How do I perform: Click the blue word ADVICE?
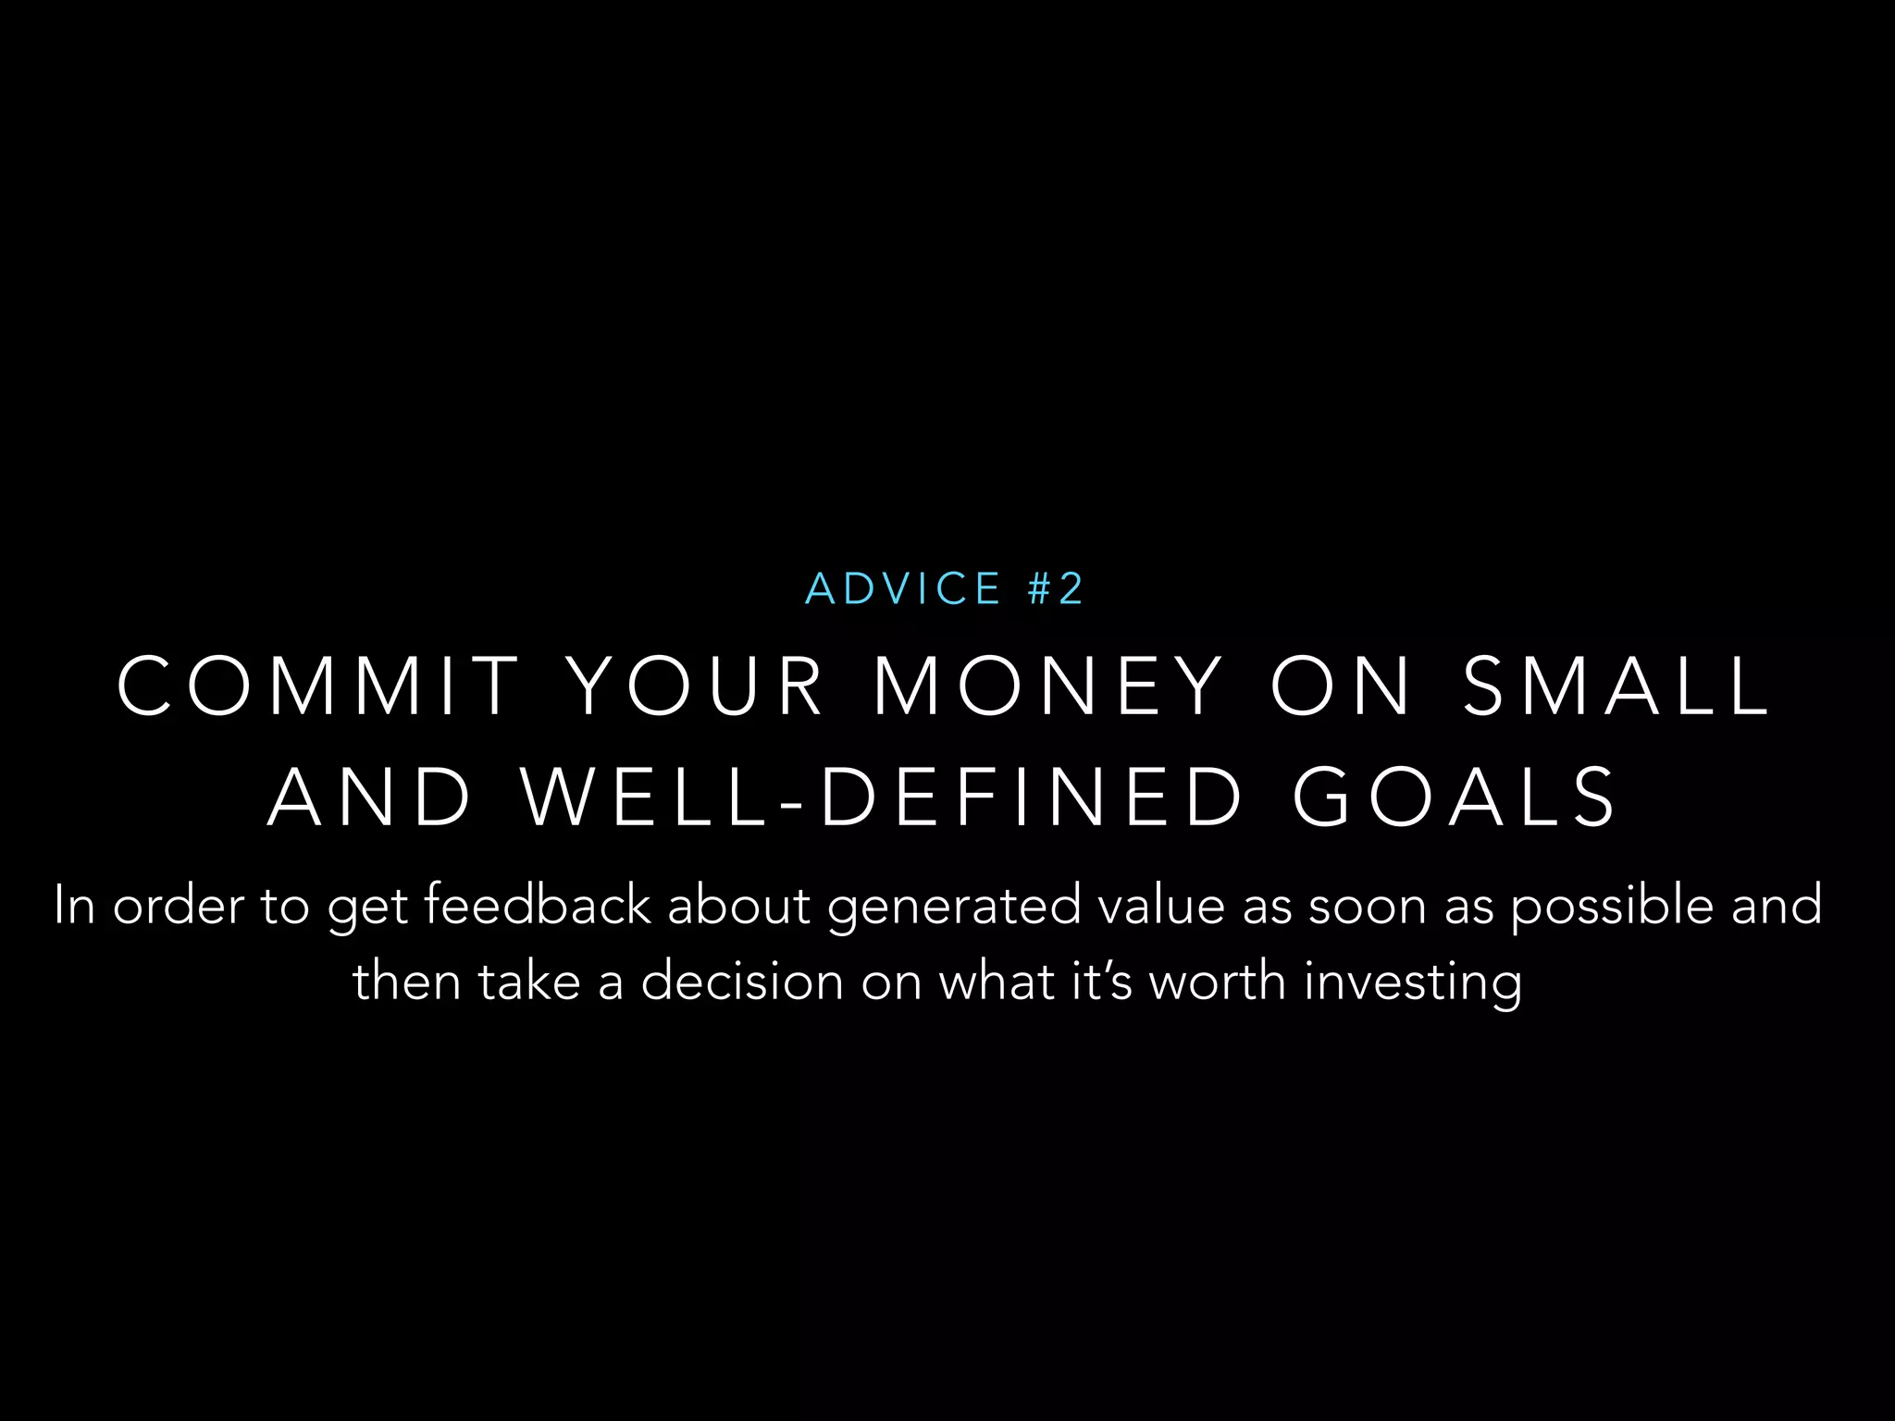pyautogui.click(x=903, y=589)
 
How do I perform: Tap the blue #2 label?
pyautogui.click(x=1055, y=589)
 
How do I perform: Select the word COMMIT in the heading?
pyautogui.click(x=318, y=686)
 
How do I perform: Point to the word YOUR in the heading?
pyautogui.click(x=696, y=686)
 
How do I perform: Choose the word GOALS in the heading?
pyautogui.click(x=1455, y=797)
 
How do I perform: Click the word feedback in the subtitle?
pyautogui.click(x=537, y=905)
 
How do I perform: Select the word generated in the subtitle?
pyautogui.click(x=954, y=907)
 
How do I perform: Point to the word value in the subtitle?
pyautogui.click(x=1161, y=905)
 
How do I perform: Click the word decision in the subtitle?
pyautogui.click(x=742, y=981)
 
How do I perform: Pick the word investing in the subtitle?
pyautogui.click(x=1413, y=982)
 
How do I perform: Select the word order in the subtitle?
pyautogui.click(x=179, y=905)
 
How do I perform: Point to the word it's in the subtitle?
pyautogui.click(x=1102, y=981)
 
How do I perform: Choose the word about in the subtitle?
pyautogui.click(x=739, y=905)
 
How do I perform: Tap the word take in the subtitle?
pyautogui.click(x=529, y=981)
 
